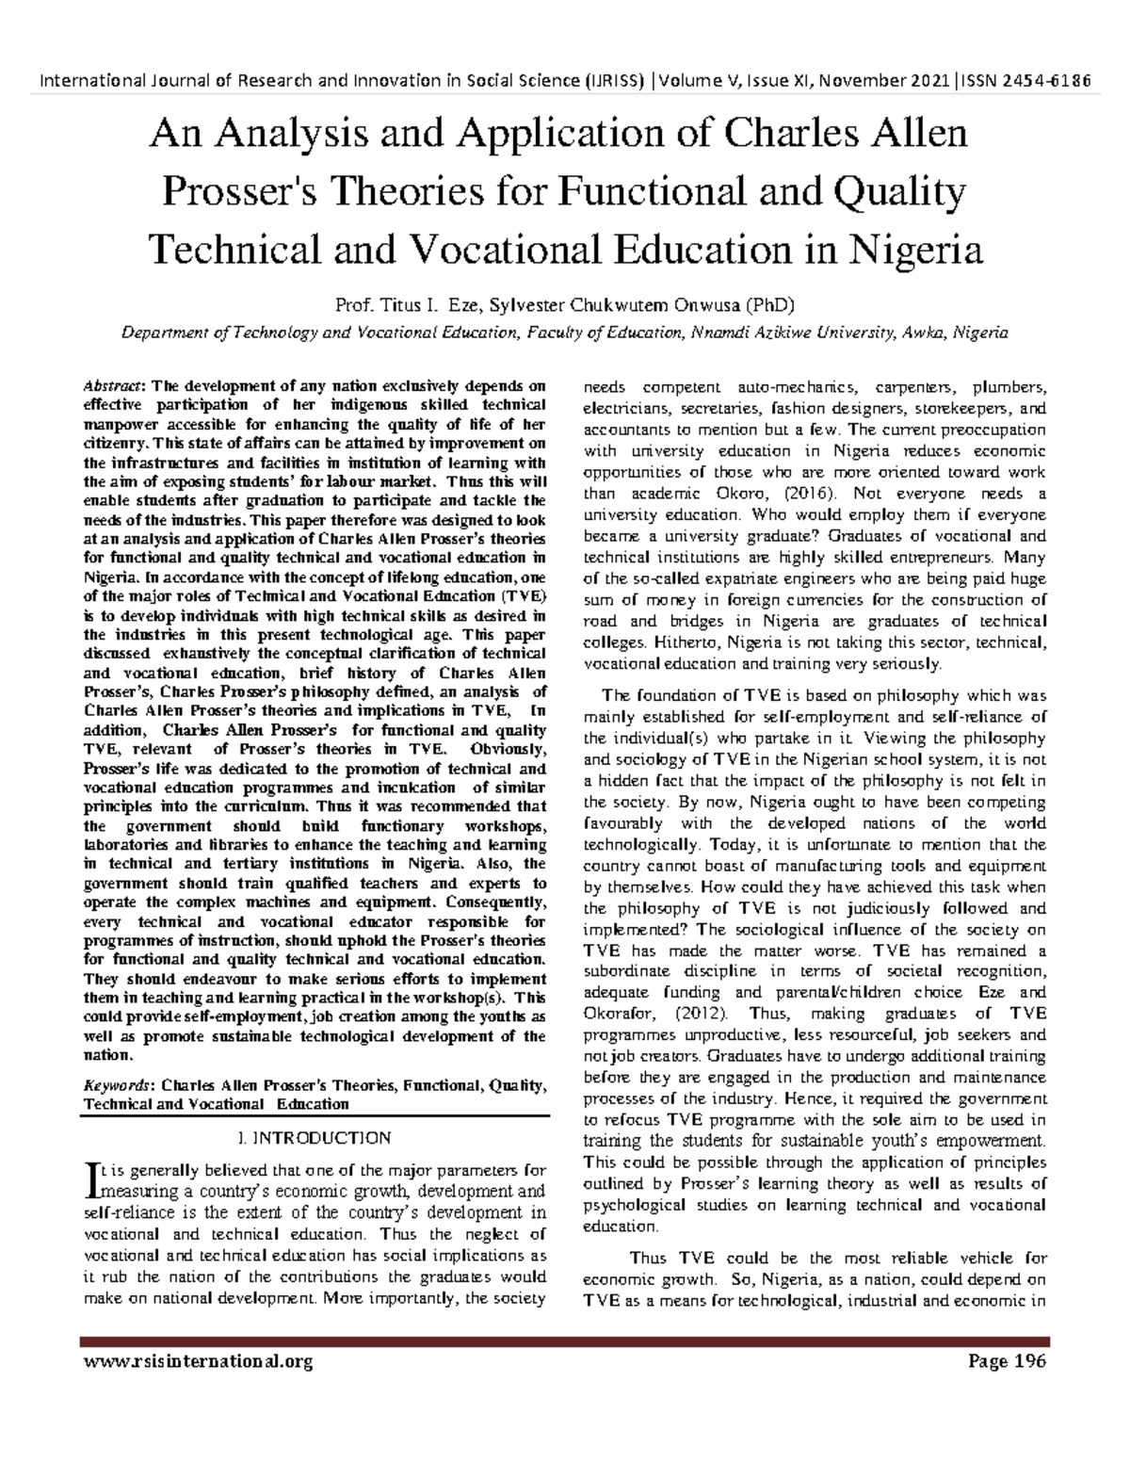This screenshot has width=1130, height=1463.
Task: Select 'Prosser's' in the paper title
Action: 242,192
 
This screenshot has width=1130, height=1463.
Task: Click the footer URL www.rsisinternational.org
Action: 198,1361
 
